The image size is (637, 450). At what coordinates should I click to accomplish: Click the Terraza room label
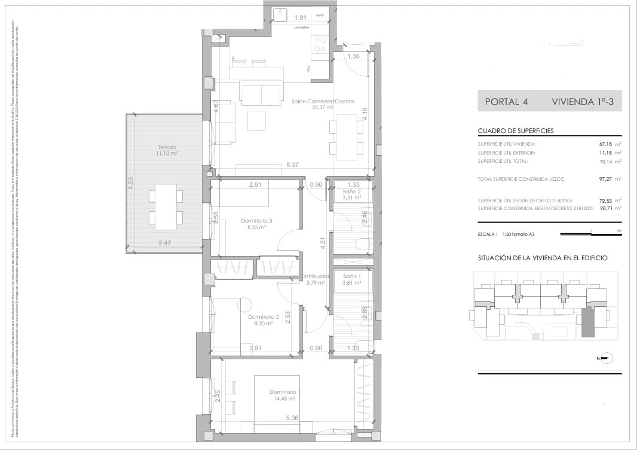click(x=167, y=147)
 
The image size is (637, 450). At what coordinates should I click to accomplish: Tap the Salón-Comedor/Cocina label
click(x=323, y=101)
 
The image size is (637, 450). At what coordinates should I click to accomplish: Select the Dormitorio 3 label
click(x=256, y=221)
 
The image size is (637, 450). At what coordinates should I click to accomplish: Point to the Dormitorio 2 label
click(x=264, y=316)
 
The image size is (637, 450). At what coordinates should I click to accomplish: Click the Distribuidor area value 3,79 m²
click(x=315, y=283)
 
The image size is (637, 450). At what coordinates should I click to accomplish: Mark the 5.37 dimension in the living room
click(x=292, y=165)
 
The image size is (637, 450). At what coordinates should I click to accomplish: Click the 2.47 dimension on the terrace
click(x=165, y=243)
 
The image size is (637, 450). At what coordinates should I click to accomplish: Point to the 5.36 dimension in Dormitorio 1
click(x=292, y=418)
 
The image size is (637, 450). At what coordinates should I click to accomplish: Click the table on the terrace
click(x=166, y=207)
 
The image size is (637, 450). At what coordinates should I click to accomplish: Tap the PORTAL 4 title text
click(x=506, y=101)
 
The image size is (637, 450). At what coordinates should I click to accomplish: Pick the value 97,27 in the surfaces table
click(x=607, y=178)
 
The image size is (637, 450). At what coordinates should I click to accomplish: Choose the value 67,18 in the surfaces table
click(x=607, y=144)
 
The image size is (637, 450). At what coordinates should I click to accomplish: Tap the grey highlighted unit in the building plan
click(x=589, y=322)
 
